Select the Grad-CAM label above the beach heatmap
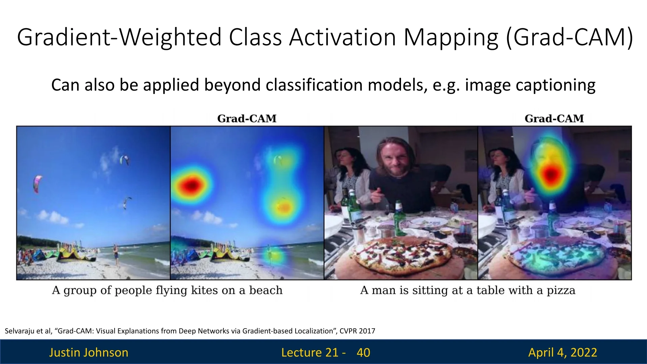tap(247, 119)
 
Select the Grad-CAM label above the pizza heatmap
tap(554, 119)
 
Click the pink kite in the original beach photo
tap(37, 183)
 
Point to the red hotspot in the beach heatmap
tap(191, 185)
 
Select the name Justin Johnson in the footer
tap(89, 353)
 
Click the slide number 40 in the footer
tap(363, 353)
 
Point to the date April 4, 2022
tap(563, 353)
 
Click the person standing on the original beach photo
tap(116, 255)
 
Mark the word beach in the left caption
tap(266, 290)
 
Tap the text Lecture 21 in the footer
tap(310, 353)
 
